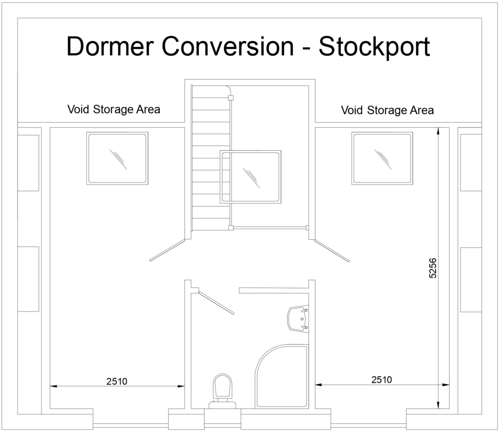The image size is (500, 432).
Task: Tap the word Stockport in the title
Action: [375, 47]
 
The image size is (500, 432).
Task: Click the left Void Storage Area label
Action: [113, 109]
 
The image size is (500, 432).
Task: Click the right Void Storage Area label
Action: [387, 110]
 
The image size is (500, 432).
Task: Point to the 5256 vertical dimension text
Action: [433, 268]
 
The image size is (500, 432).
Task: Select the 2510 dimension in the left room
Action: [117, 381]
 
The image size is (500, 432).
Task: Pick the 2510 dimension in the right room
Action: [381, 379]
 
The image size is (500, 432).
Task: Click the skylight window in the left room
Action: [117, 158]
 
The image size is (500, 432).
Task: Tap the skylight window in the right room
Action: [382, 158]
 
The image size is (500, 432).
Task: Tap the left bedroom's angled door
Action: [167, 250]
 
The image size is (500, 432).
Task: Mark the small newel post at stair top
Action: [230, 98]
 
